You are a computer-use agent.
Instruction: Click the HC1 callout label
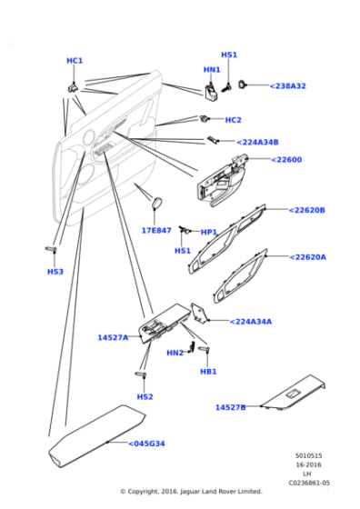pyautogui.click(x=75, y=61)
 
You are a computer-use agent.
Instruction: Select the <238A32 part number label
pyautogui.click(x=288, y=86)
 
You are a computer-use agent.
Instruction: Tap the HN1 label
pyautogui.click(x=212, y=70)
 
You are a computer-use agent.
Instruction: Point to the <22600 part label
pyautogui.click(x=286, y=160)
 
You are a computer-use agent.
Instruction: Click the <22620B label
pyautogui.click(x=306, y=210)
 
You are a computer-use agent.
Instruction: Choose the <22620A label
pyautogui.click(x=308, y=257)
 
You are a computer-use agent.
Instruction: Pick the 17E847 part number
pyautogui.click(x=156, y=231)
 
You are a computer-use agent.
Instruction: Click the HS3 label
pyautogui.click(x=55, y=272)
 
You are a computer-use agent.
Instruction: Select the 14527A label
pyautogui.click(x=113, y=337)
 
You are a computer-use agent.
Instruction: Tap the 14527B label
pyautogui.click(x=231, y=407)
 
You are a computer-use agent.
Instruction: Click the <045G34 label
pyautogui.click(x=146, y=444)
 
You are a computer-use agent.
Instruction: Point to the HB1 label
pyautogui.click(x=208, y=372)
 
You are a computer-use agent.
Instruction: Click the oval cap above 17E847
pyautogui.click(x=157, y=203)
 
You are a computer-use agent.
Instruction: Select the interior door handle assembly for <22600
pyautogui.click(x=222, y=182)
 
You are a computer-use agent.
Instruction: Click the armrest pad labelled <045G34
pyautogui.click(x=96, y=436)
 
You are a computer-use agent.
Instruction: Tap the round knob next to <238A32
pyautogui.click(x=242, y=85)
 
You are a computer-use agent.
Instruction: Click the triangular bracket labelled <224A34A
pyautogui.click(x=199, y=313)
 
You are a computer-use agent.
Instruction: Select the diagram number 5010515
pyautogui.click(x=308, y=455)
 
